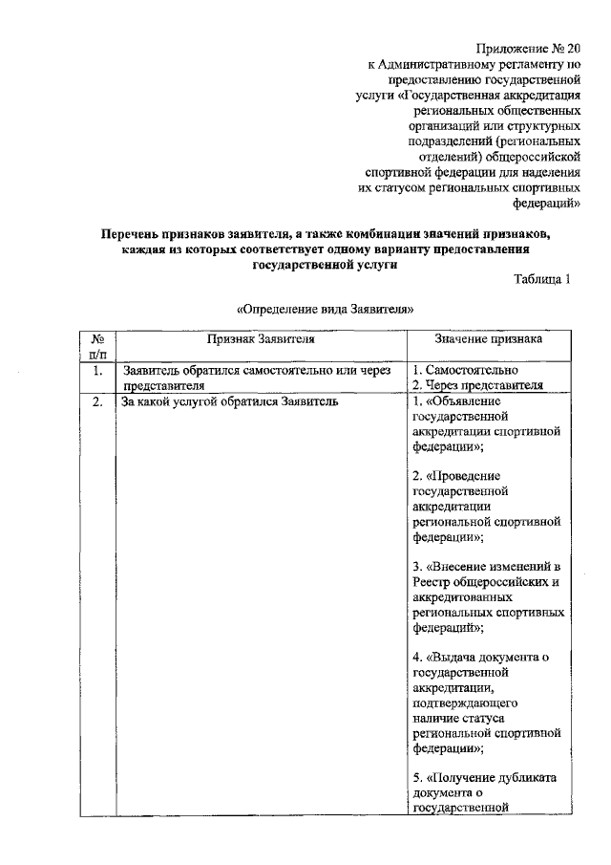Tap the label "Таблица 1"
pos(542,279)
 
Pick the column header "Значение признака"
pos(488,338)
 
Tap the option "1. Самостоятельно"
pos(465,369)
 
